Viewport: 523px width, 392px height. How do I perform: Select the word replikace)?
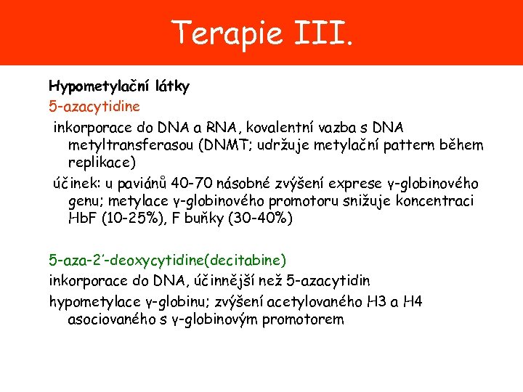(102, 162)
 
